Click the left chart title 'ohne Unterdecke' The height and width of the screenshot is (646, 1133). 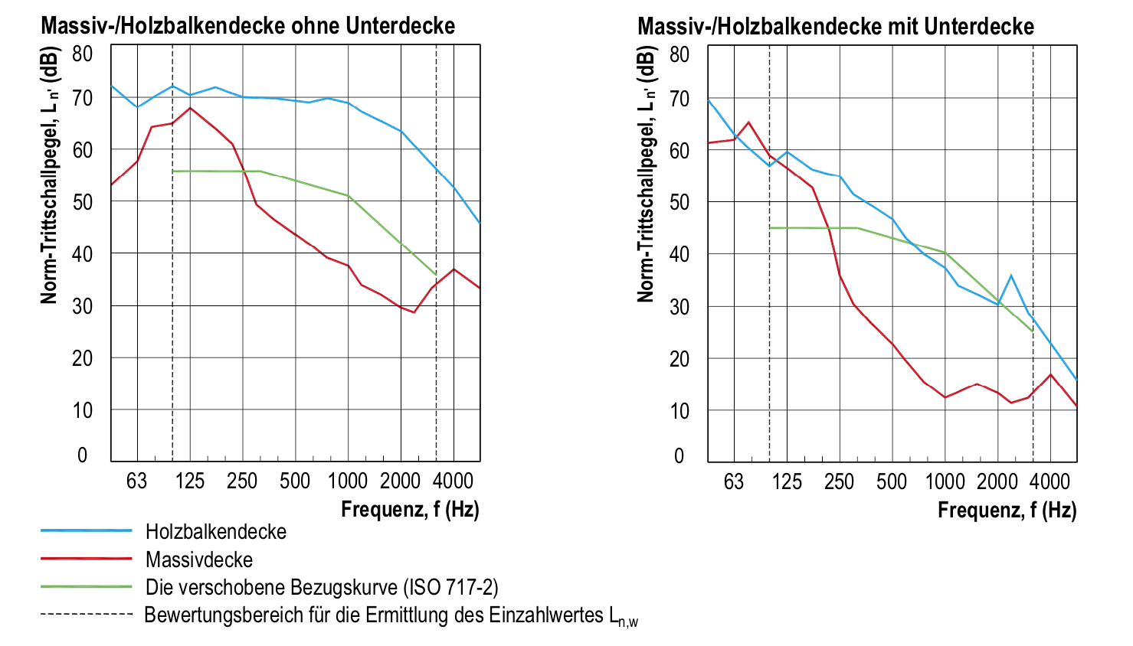[247, 26]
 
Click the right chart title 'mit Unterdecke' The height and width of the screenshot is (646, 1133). [835, 27]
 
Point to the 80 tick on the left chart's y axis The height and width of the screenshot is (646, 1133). [82, 54]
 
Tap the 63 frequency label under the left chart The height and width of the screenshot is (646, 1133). [136, 481]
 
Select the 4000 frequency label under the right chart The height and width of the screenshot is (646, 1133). [1049, 481]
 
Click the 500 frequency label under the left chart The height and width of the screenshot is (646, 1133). [295, 481]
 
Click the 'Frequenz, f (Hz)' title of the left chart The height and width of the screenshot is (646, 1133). [410, 509]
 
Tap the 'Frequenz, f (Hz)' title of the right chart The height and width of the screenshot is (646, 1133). [1007, 510]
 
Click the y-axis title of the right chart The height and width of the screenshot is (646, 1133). [647, 175]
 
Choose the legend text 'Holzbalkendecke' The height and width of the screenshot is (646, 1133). [216, 532]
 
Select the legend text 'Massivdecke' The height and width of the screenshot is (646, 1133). [199, 560]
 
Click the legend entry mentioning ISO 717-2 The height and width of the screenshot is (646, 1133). [322, 587]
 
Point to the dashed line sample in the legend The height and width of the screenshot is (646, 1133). [87, 615]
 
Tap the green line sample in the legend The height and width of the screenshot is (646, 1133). [87, 587]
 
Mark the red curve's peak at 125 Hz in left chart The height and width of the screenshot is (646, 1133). [190, 108]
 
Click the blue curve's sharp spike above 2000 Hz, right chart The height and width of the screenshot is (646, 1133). [1011, 276]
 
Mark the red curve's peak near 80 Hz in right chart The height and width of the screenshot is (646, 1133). [748, 122]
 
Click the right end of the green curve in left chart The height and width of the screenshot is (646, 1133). [436, 274]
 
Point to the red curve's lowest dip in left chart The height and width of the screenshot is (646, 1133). [414, 312]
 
